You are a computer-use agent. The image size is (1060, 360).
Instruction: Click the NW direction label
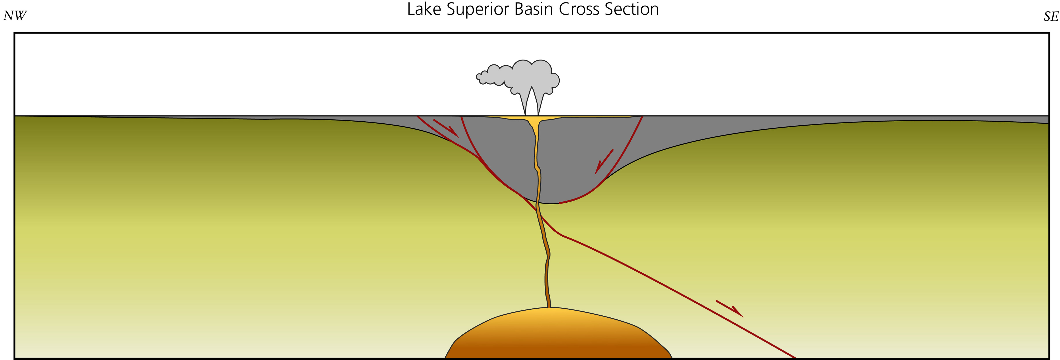(x=15, y=16)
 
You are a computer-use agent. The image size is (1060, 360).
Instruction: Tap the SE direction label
(x=1051, y=17)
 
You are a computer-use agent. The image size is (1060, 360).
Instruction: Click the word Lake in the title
(x=424, y=9)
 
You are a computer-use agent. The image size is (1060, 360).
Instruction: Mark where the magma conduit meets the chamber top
(x=549, y=307)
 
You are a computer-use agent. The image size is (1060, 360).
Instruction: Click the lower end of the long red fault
(x=794, y=357)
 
